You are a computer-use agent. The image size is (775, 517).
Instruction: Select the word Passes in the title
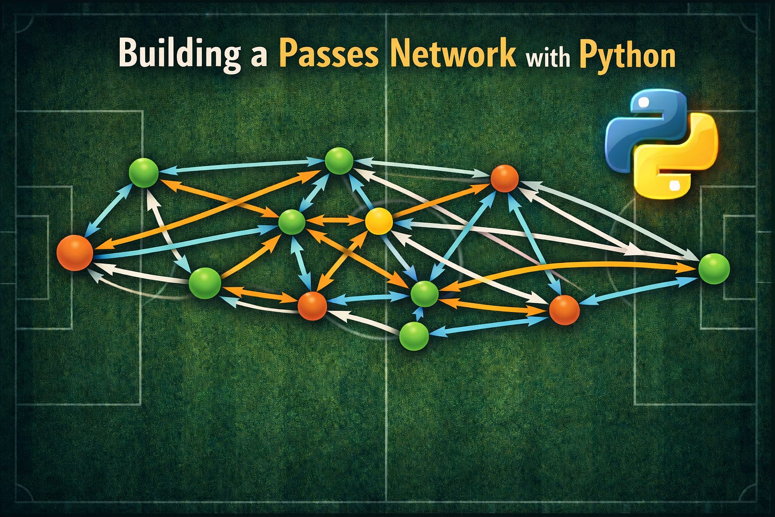[x=328, y=53]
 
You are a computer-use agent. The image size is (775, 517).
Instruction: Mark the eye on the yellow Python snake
[x=674, y=185]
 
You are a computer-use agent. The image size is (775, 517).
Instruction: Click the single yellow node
[x=379, y=220]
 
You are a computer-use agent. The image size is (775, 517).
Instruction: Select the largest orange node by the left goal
[x=75, y=253]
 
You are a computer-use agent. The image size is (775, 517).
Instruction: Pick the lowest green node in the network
[x=414, y=336]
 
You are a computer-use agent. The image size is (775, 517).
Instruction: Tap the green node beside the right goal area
[x=713, y=268]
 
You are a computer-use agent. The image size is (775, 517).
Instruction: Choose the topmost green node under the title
[x=339, y=161]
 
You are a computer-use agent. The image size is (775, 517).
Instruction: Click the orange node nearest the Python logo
[x=504, y=178]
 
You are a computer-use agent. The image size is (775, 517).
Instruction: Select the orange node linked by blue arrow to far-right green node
[x=564, y=310]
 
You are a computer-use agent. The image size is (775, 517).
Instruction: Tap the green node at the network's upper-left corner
[x=144, y=173]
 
